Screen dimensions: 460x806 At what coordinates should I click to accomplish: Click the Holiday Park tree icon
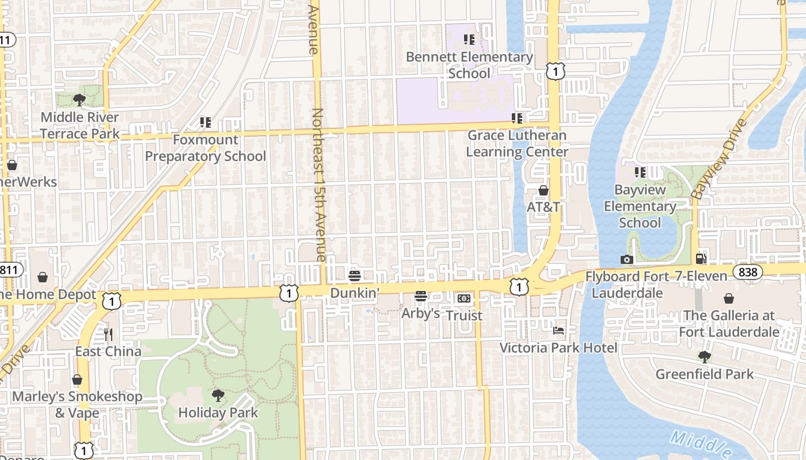coord(218,395)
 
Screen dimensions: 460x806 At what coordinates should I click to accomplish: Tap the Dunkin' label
coord(354,293)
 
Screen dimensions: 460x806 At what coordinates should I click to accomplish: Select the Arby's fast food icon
coord(421,297)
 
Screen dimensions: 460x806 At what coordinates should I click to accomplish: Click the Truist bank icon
coord(464,298)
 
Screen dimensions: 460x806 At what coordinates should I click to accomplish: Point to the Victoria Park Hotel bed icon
coord(558,331)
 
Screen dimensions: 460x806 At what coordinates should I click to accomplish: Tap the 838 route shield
coord(748,271)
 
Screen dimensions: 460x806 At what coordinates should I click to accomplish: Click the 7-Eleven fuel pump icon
coord(701,259)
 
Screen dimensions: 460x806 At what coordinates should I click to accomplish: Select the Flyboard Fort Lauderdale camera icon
coord(627,260)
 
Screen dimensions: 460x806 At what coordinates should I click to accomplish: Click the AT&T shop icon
coord(543,190)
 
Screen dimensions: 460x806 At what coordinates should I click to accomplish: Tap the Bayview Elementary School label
coord(640,206)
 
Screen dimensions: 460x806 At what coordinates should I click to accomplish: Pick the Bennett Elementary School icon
coord(469,40)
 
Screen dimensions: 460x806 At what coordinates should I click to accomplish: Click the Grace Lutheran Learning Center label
coord(516,143)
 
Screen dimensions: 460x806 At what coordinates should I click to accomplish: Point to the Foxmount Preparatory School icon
coord(205,122)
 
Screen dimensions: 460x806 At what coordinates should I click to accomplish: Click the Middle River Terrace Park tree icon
coord(79,100)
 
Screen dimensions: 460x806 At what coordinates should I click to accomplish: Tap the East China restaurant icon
coord(108,334)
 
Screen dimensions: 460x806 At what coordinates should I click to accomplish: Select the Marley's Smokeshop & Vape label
coord(77,404)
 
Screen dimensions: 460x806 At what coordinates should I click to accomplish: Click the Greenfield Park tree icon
coord(704,357)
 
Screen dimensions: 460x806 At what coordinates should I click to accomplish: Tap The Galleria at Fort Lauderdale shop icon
coord(729,298)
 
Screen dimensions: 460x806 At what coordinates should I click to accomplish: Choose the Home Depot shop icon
coord(43,278)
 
